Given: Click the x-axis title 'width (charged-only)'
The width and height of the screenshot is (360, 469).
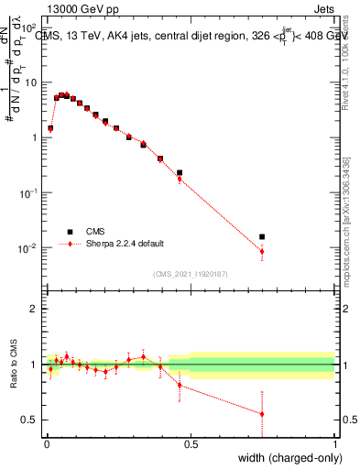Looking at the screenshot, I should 283,458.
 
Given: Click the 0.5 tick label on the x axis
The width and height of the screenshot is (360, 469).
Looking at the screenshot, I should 191,444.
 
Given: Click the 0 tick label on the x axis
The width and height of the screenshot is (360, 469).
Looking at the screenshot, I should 46,444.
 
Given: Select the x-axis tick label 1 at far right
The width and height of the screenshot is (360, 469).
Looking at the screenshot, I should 334,444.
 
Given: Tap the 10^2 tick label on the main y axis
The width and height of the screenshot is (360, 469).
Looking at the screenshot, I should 28,28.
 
